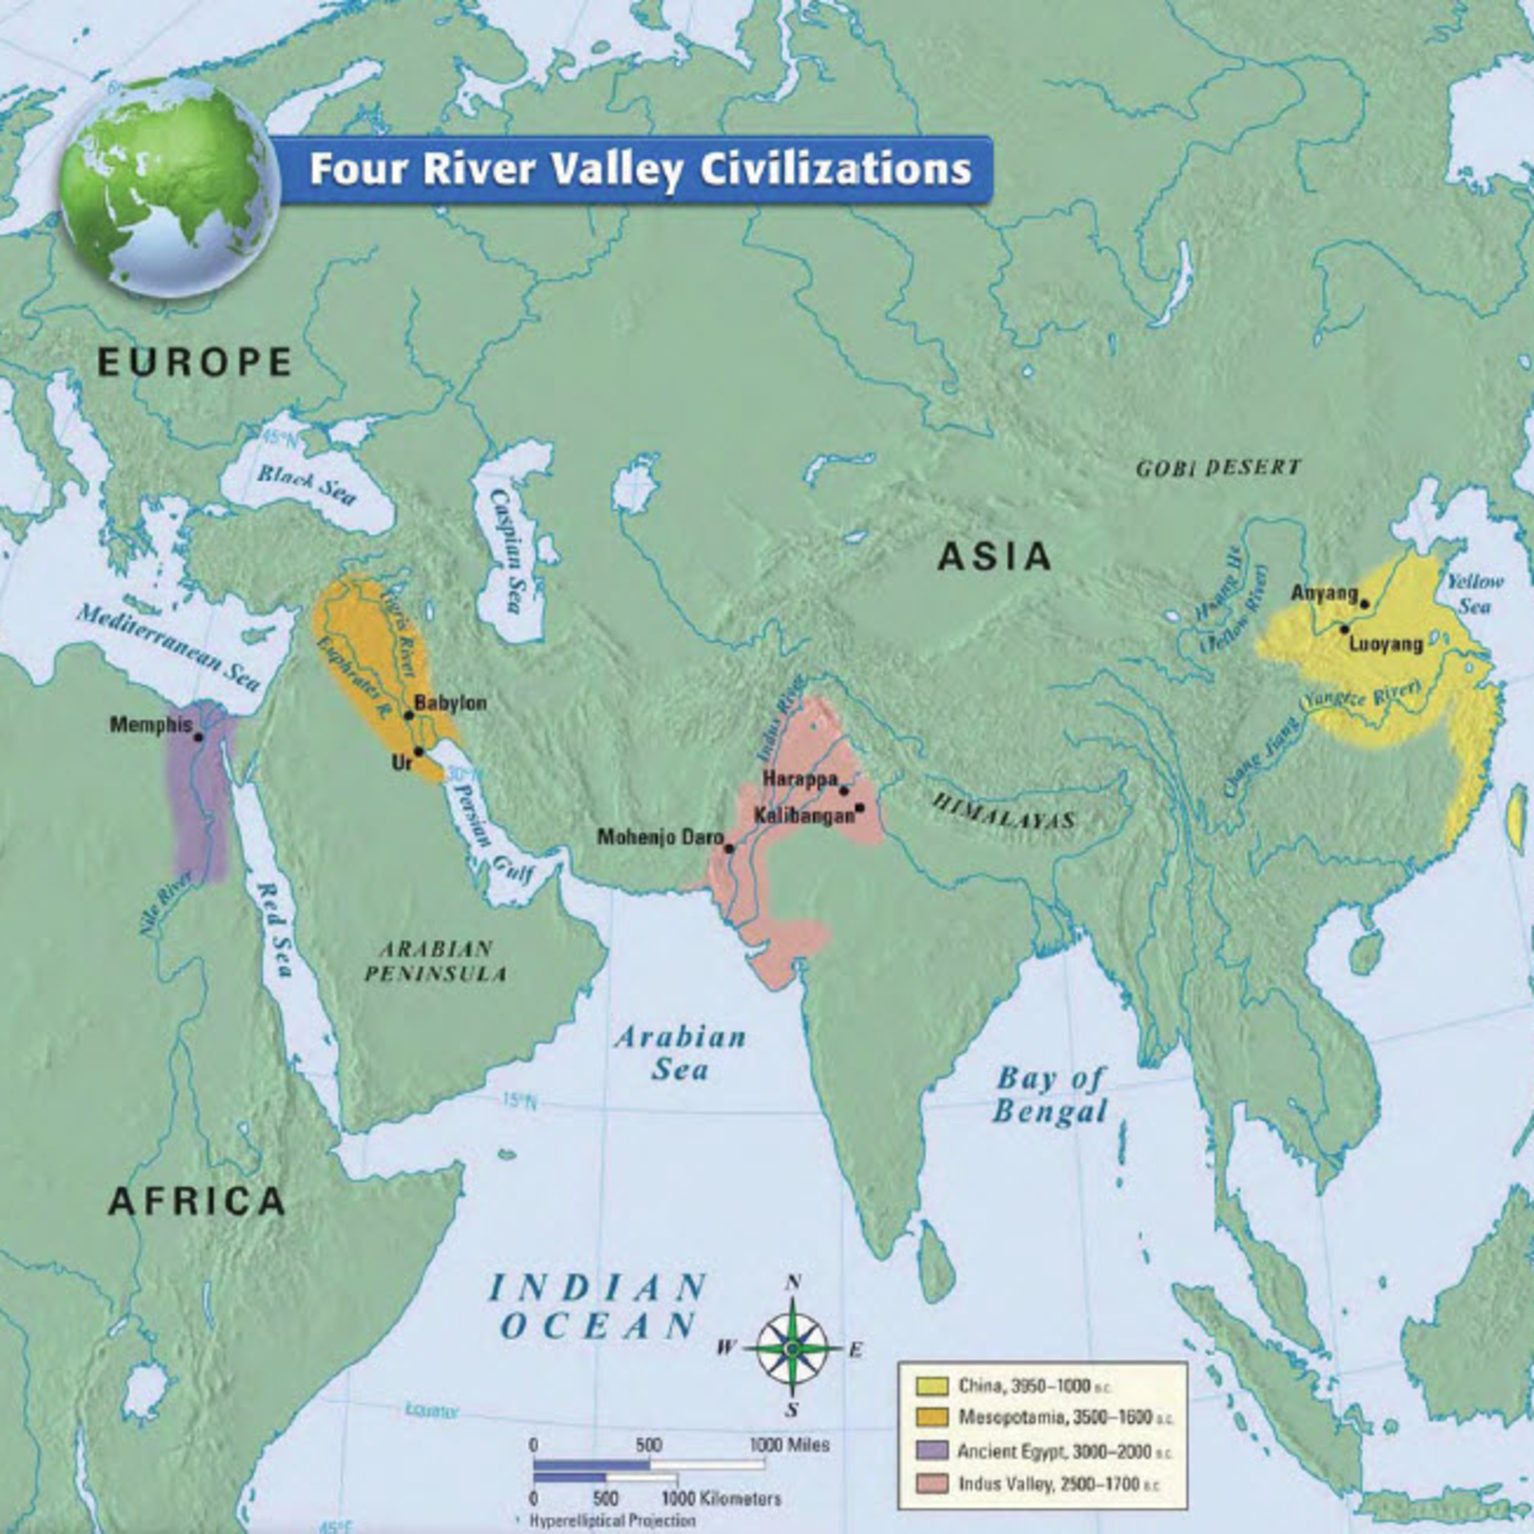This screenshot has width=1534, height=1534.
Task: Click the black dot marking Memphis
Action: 198,737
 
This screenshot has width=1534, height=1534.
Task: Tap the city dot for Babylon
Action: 409,715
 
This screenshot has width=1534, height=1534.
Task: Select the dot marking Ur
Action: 418,751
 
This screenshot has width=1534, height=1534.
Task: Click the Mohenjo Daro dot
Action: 729,848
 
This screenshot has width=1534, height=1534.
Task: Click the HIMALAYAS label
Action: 1004,810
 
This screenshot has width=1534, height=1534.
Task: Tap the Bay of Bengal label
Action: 1050,1096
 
